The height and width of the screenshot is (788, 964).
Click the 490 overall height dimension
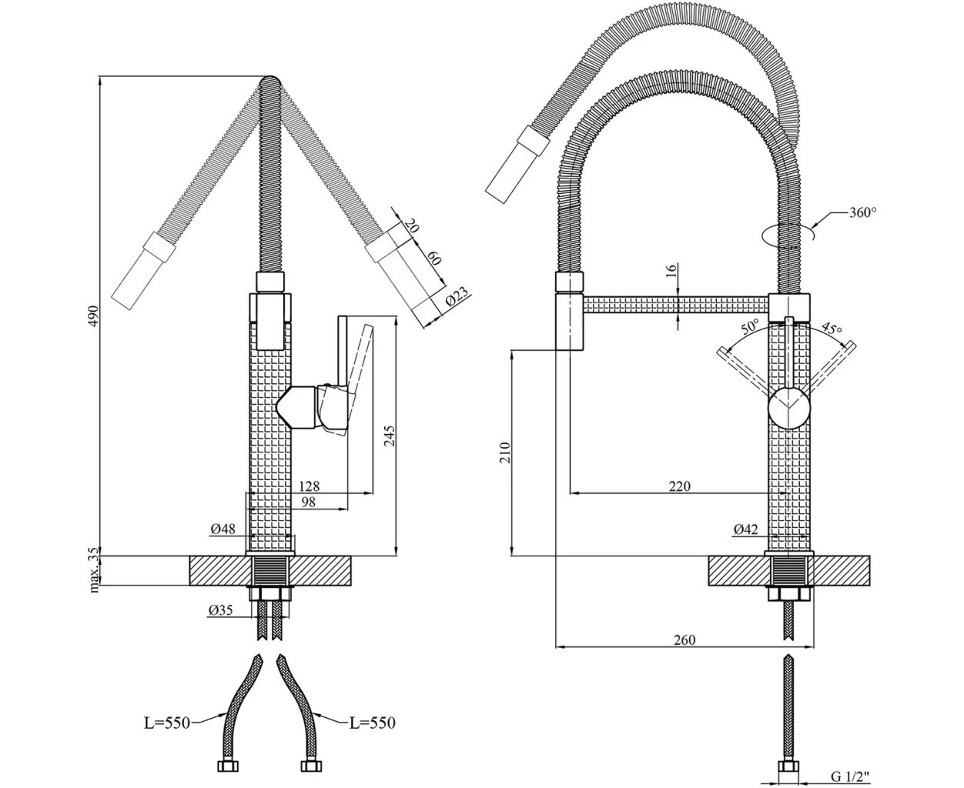pyautogui.click(x=92, y=316)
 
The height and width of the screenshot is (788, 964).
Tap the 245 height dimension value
pyautogui.click(x=390, y=436)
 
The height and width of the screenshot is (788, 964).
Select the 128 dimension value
pyautogui.click(x=308, y=486)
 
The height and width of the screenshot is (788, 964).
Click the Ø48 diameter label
pyautogui.click(x=223, y=529)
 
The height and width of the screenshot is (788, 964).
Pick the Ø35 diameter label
pyautogui.click(x=220, y=611)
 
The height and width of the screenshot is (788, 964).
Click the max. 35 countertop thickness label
pyautogui.click(x=93, y=570)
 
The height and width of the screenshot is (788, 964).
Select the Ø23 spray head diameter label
pyautogui.click(x=457, y=297)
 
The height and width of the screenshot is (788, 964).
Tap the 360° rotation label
pyautogui.click(x=863, y=212)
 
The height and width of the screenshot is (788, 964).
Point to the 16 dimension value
pyautogui.click(x=670, y=269)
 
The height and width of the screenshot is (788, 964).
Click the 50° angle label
pyautogui.click(x=751, y=326)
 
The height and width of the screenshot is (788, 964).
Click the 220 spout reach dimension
pyautogui.click(x=679, y=486)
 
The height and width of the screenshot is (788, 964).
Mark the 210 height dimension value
pyautogui.click(x=505, y=452)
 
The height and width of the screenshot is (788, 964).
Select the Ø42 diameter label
pyautogui.click(x=746, y=529)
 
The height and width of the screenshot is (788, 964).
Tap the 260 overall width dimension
pyautogui.click(x=683, y=640)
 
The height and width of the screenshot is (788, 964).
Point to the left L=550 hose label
pyautogui.click(x=166, y=723)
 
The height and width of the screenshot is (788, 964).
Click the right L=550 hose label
pyautogui.click(x=372, y=723)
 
